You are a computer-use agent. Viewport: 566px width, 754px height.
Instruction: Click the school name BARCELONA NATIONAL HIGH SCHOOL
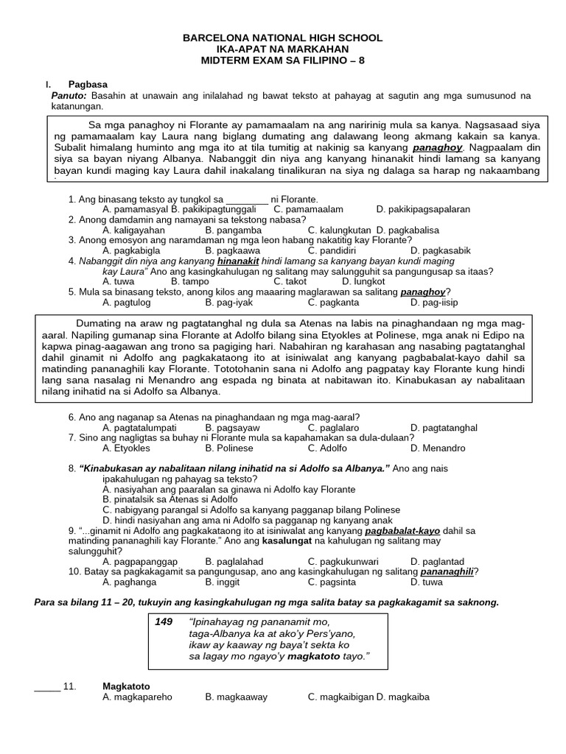point(283,38)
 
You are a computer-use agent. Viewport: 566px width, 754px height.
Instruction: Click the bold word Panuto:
point(69,96)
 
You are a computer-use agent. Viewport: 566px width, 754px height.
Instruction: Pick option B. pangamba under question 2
point(233,230)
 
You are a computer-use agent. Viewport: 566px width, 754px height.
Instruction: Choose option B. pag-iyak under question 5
point(233,302)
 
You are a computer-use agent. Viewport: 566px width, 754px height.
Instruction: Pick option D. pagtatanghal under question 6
point(444,428)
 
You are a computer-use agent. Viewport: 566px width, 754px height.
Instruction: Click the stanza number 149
point(163,622)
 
